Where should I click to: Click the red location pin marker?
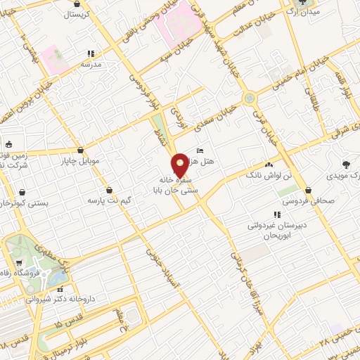(180, 163)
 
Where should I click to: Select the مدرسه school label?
(89, 64)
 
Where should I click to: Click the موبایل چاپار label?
(82, 162)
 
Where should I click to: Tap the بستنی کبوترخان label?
(25, 202)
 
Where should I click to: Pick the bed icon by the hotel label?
(200, 151)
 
